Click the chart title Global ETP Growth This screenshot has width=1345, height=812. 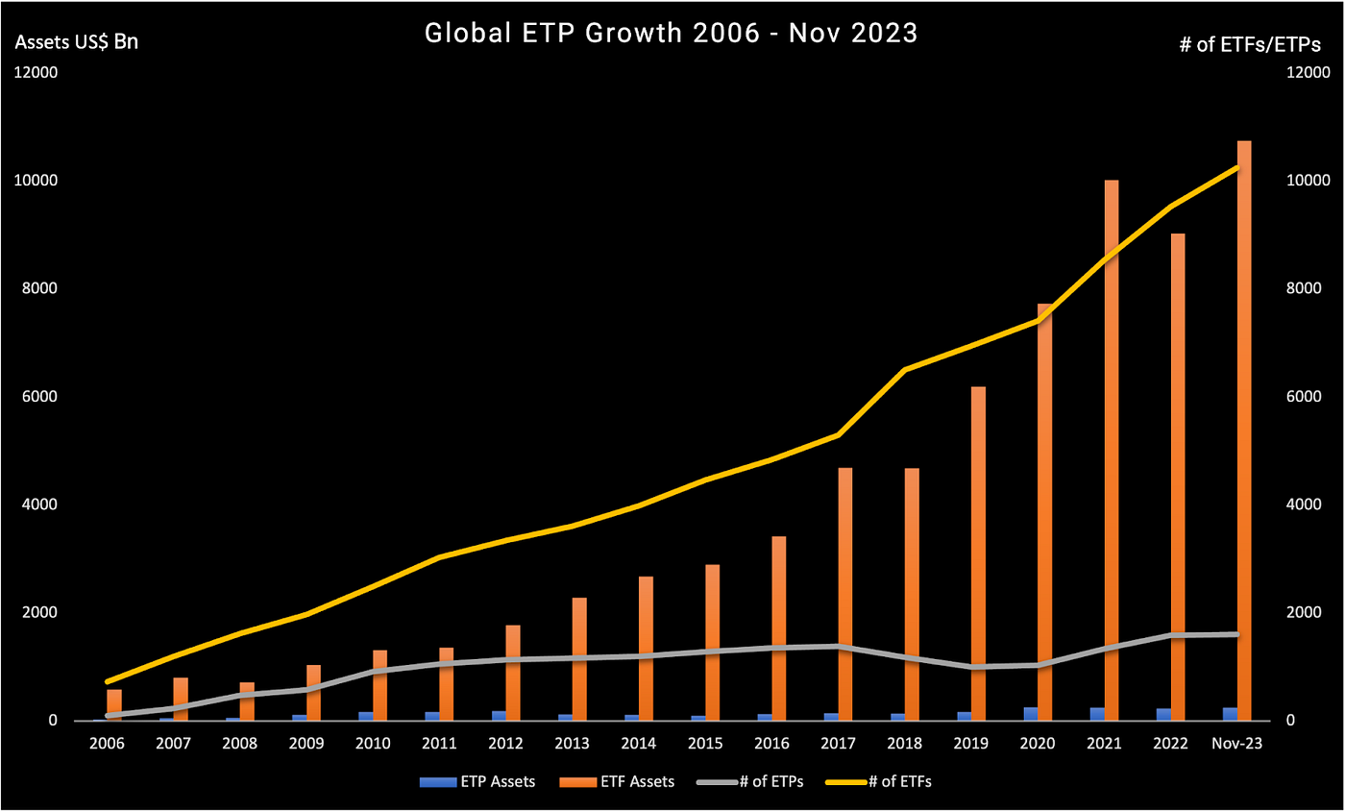[672, 34]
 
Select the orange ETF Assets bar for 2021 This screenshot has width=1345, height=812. [1112, 452]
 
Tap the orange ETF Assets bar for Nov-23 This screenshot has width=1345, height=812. [1244, 432]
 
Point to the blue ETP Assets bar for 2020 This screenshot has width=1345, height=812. [1031, 714]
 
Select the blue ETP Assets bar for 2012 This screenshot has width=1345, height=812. [499, 716]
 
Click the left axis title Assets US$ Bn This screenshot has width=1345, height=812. [76, 42]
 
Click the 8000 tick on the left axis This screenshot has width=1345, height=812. [38, 288]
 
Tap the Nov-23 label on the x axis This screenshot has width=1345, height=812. [1237, 744]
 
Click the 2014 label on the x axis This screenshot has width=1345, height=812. [638, 744]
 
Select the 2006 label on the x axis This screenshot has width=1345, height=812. [107, 744]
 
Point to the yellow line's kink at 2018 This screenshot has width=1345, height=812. [905, 369]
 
